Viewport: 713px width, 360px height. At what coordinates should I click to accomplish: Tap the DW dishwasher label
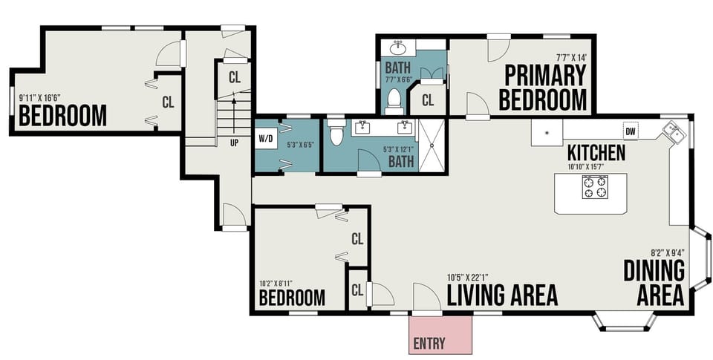coord(631,131)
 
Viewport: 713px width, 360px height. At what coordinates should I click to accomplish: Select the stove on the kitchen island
coord(594,187)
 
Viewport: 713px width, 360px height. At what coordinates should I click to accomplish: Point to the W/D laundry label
coord(266,138)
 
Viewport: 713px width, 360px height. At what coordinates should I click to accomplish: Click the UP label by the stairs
coord(235,143)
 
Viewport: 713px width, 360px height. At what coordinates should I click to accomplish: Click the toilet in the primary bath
coord(394,99)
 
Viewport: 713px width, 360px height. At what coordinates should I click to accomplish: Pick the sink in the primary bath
coord(397,48)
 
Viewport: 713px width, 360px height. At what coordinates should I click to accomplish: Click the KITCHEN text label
coord(596,153)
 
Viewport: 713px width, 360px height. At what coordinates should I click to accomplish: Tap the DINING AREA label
coord(654,282)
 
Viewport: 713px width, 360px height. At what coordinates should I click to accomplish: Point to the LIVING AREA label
coord(502,295)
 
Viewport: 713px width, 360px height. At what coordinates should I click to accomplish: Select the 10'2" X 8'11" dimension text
coord(279,283)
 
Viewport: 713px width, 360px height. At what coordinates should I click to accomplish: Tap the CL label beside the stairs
coord(235,76)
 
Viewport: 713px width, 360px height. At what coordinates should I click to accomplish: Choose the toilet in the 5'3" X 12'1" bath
coord(336,132)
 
